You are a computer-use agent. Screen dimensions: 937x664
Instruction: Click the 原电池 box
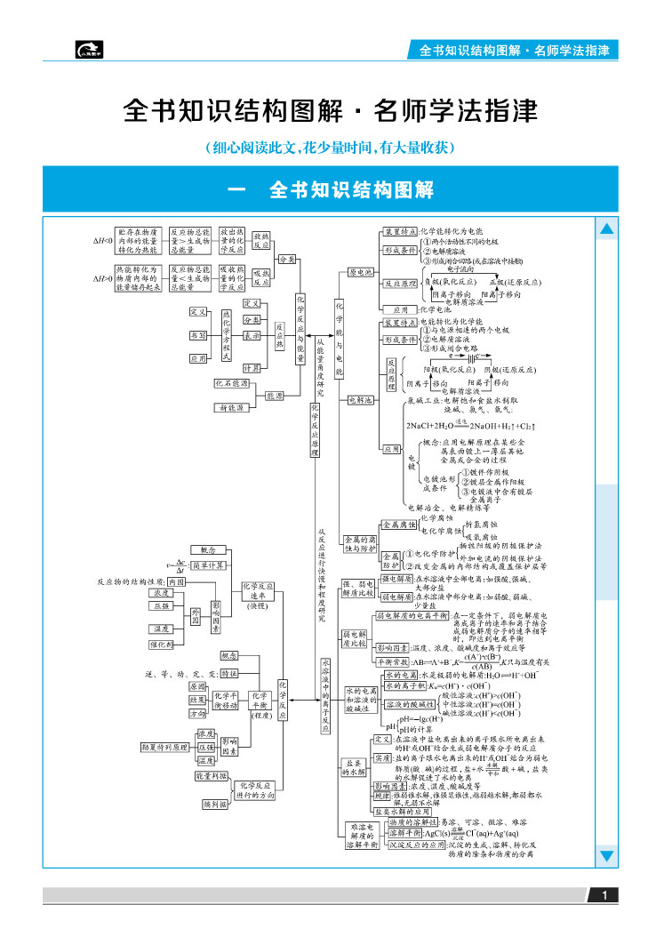point(361,273)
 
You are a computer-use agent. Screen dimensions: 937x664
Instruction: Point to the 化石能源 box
point(231,383)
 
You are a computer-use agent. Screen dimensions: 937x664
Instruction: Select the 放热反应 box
point(260,242)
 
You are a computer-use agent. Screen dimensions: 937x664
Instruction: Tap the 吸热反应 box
point(260,277)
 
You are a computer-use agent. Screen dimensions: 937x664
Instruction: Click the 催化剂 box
point(162,645)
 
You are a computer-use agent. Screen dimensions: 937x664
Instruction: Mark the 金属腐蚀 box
point(398,525)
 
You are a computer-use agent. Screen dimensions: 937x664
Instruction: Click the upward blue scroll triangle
point(607,229)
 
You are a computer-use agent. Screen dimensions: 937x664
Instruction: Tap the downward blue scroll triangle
point(607,856)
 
